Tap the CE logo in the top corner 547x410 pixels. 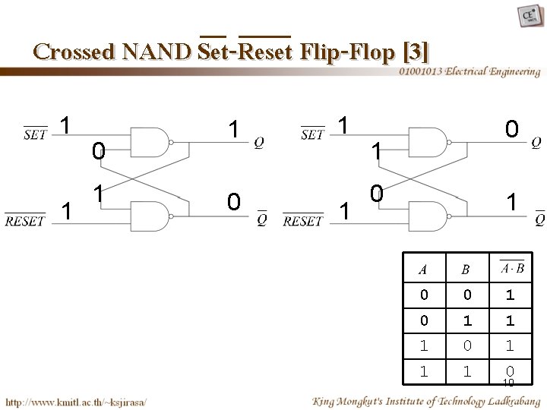(525, 17)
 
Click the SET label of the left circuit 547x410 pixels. (36, 135)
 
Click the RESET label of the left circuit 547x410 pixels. (25, 221)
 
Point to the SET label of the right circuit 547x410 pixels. (313, 135)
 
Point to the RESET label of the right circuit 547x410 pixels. (302, 221)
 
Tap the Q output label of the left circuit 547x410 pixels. (259, 142)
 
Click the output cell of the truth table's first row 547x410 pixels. (510, 295)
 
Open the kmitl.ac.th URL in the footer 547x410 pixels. (76, 401)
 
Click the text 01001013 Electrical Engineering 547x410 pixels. (470, 71)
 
